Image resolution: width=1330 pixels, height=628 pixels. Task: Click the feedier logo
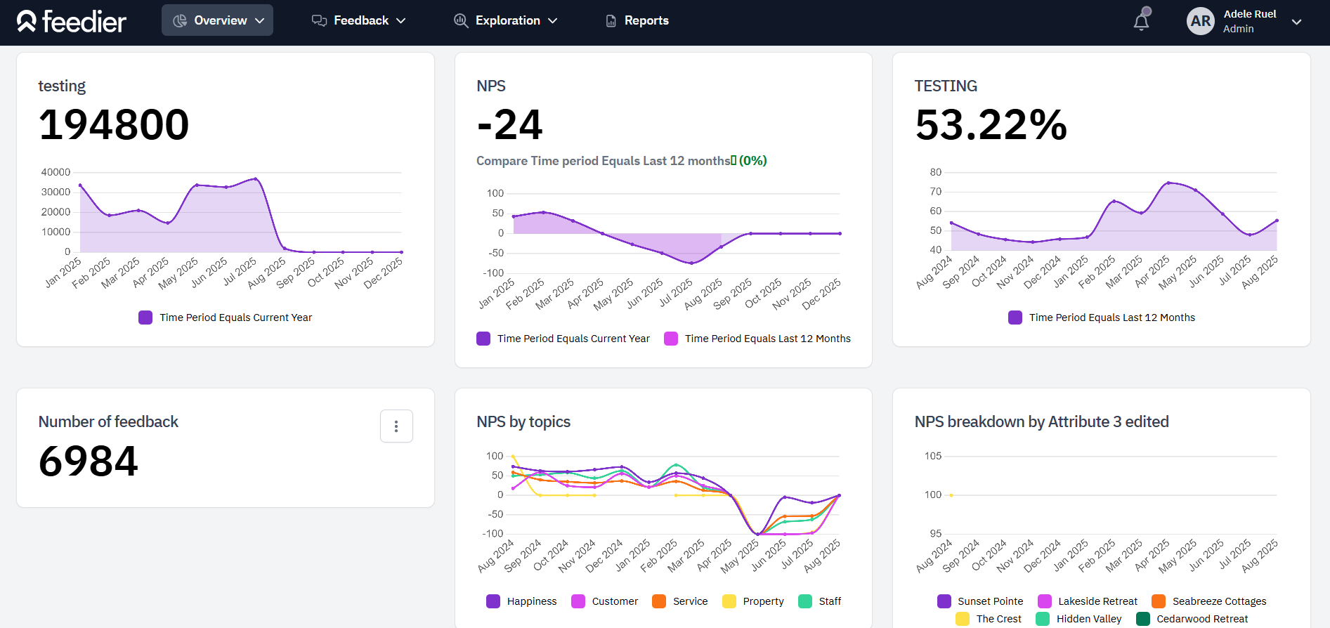[72, 22]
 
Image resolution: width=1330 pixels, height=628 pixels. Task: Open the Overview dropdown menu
[218, 20]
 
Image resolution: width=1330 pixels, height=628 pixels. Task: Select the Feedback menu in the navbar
[359, 20]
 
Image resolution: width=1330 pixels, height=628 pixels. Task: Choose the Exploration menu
[506, 20]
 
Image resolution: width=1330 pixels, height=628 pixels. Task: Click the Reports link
[638, 20]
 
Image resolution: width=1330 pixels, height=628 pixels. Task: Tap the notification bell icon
[1141, 22]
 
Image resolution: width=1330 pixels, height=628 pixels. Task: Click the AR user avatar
[1200, 21]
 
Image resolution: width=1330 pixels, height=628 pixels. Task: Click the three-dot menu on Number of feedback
[396, 426]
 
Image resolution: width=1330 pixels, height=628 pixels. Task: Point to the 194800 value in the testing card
[114, 125]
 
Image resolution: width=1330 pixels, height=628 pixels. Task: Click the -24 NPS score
[509, 125]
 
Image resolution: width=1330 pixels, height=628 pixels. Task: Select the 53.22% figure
[991, 125]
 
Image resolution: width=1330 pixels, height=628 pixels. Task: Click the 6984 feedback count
[89, 462]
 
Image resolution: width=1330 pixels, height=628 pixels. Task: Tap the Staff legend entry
[821, 601]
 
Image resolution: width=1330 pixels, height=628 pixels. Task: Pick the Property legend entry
[754, 601]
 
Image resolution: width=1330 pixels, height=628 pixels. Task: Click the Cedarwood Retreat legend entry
[1193, 619]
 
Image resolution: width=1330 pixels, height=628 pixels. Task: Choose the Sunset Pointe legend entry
[981, 601]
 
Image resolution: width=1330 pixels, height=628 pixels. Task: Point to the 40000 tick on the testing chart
[56, 172]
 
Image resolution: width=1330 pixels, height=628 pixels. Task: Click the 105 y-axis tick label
[932, 456]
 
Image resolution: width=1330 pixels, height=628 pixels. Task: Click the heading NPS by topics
[523, 421]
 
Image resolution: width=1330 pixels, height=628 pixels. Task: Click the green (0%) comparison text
[752, 161]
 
